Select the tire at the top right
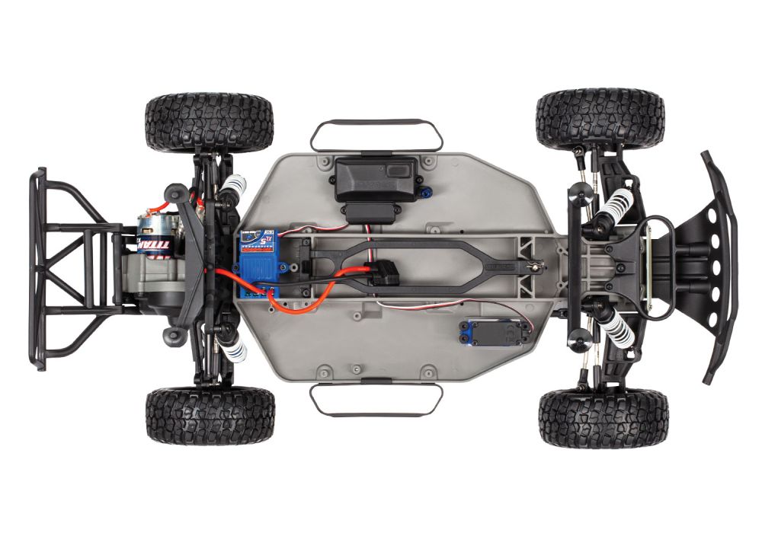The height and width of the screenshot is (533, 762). [600, 119]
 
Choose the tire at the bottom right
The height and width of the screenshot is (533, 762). [603, 417]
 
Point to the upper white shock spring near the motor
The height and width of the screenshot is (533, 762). [234, 201]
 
